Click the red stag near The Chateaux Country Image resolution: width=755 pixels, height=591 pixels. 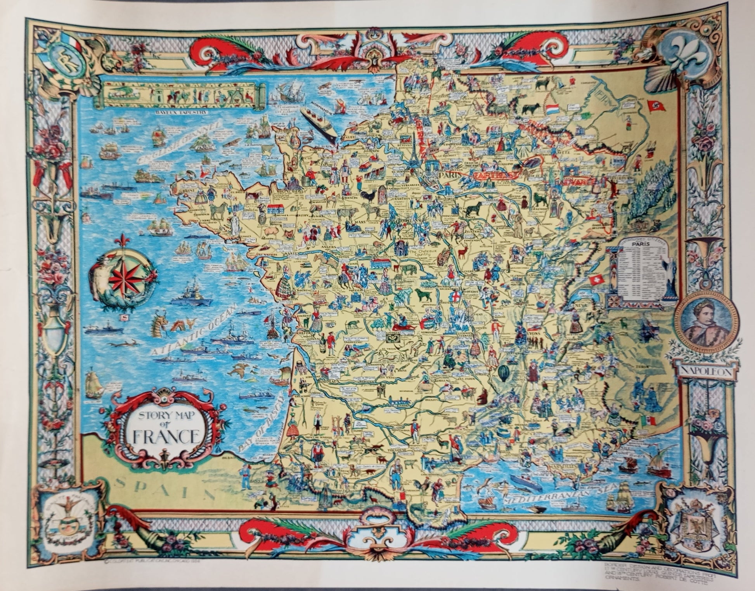462,253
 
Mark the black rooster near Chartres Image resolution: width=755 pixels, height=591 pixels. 367,196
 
